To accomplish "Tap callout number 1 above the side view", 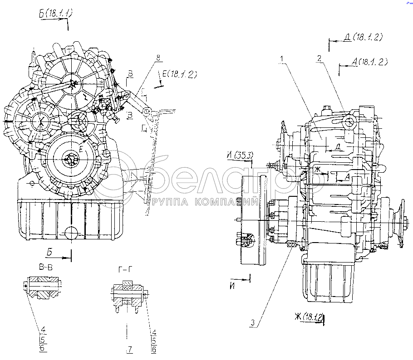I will (282, 58).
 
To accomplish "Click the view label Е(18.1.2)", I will (177, 75).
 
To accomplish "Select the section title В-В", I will (45, 268).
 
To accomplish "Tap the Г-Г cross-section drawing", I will (128, 295).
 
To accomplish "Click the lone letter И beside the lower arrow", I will (231, 286).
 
